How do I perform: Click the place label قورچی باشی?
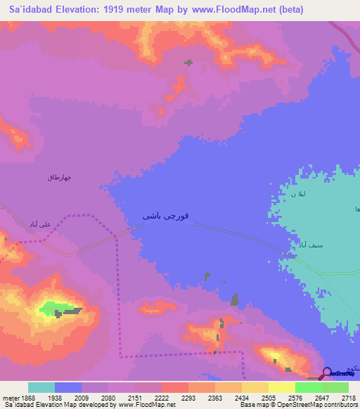165,216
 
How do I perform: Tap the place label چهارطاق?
59,178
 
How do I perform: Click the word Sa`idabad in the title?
30,9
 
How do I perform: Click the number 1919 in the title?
127,9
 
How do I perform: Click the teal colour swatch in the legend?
41,387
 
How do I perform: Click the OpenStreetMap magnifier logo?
327,372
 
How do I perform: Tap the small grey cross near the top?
188,63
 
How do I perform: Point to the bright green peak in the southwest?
55,307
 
